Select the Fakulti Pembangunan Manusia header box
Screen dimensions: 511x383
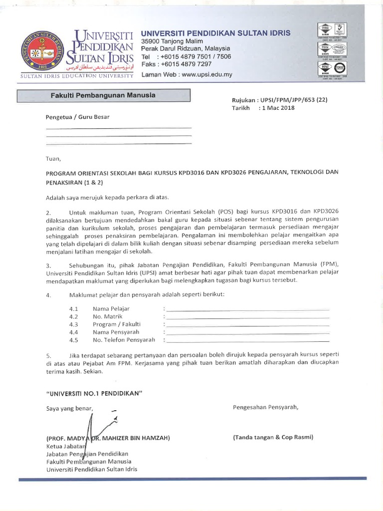(x=104, y=95)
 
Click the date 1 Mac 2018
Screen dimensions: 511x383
(x=277, y=108)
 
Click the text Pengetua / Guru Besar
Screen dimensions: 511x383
(x=77, y=117)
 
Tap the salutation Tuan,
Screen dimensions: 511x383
(x=52, y=159)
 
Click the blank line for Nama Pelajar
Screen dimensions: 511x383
(x=248, y=309)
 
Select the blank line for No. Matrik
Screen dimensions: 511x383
(x=248, y=317)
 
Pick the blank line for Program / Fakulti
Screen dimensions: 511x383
(x=248, y=325)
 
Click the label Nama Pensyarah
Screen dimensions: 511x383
(x=116, y=332)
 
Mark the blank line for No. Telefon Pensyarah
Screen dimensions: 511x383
(x=248, y=341)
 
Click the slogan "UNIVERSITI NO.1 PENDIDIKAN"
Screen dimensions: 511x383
(x=94, y=393)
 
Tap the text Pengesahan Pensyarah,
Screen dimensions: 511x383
(x=265, y=407)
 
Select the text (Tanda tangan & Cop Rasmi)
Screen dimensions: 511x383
(x=273, y=437)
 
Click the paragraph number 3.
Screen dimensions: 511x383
(x=48, y=264)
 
